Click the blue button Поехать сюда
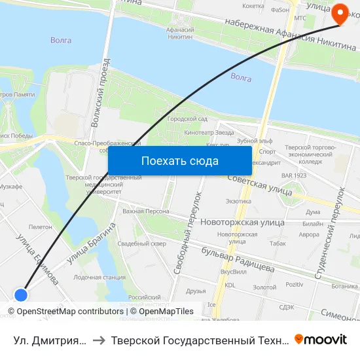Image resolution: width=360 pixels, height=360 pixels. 179,160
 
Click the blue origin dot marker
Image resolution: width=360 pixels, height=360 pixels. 21,295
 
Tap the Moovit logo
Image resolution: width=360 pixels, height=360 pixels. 321,339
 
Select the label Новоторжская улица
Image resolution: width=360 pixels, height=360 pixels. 242,223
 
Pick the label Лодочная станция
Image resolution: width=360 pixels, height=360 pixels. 99,277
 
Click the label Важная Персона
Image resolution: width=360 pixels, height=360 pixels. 145,211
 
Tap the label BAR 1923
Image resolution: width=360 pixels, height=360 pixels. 293,175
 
